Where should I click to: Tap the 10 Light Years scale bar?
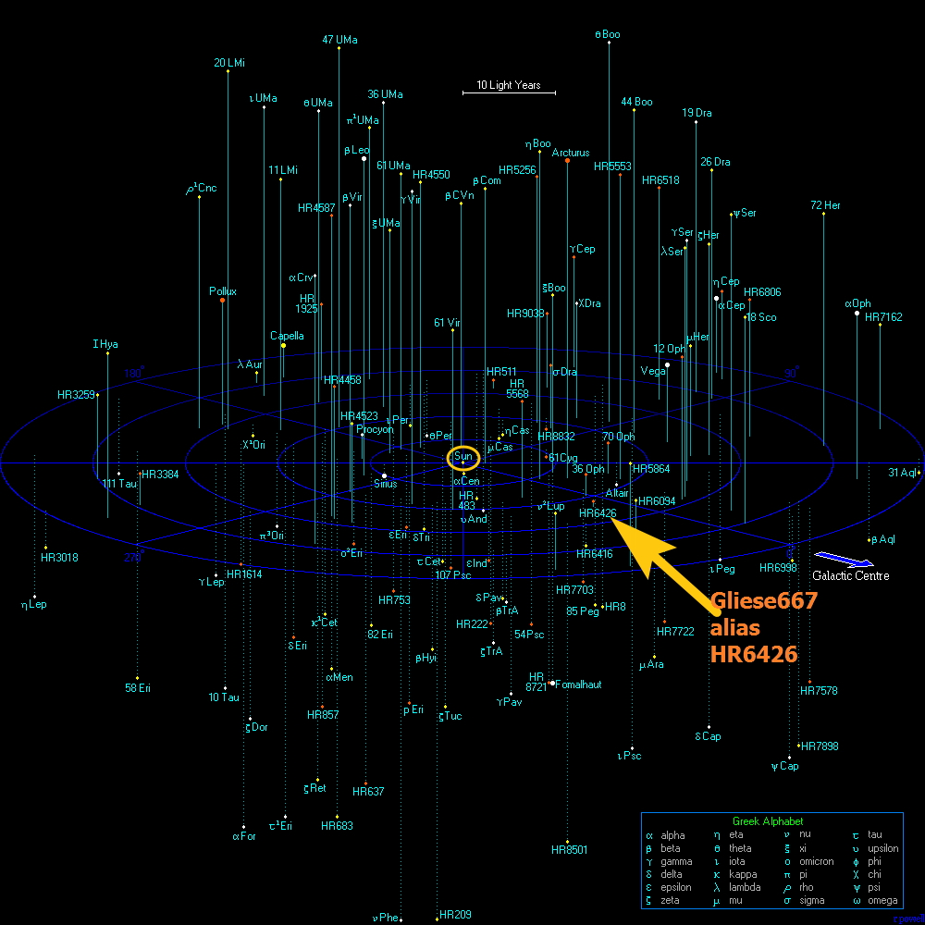[x=509, y=92]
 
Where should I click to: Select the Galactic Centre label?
[x=851, y=576]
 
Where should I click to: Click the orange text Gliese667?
[x=764, y=601]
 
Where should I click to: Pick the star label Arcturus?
[x=571, y=154]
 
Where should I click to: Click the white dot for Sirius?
[x=384, y=476]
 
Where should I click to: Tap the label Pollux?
[x=223, y=291]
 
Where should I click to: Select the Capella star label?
[x=287, y=336]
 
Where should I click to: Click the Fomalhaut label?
[x=579, y=684]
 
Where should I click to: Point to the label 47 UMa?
[x=339, y=40]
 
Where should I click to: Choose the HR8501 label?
[x=569, y=849]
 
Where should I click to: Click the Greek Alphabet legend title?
[x=768, y=821]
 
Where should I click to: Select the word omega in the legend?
[x=882, y=900]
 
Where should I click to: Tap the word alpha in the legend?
[x=672, y=835]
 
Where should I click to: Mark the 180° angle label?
[x=134, y=373]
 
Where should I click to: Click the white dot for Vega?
[x=667, y=364]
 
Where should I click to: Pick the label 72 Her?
[x=825, y=205]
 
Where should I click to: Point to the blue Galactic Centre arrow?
[x=843, y=559]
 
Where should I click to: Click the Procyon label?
[x=375, y=429]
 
